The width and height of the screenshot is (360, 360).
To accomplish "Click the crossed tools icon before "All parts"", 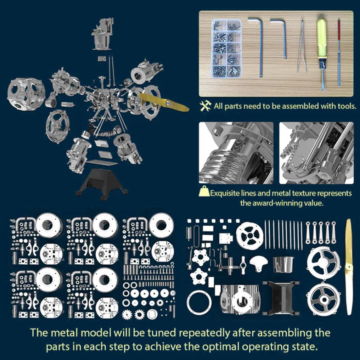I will (206, 106).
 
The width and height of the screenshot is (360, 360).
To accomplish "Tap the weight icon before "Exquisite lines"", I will (204, 192).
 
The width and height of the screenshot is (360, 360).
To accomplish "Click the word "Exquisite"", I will (225, 193).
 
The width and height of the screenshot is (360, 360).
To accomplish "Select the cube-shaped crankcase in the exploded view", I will (26, 94).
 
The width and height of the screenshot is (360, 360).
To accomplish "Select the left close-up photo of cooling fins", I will (236, 153).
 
